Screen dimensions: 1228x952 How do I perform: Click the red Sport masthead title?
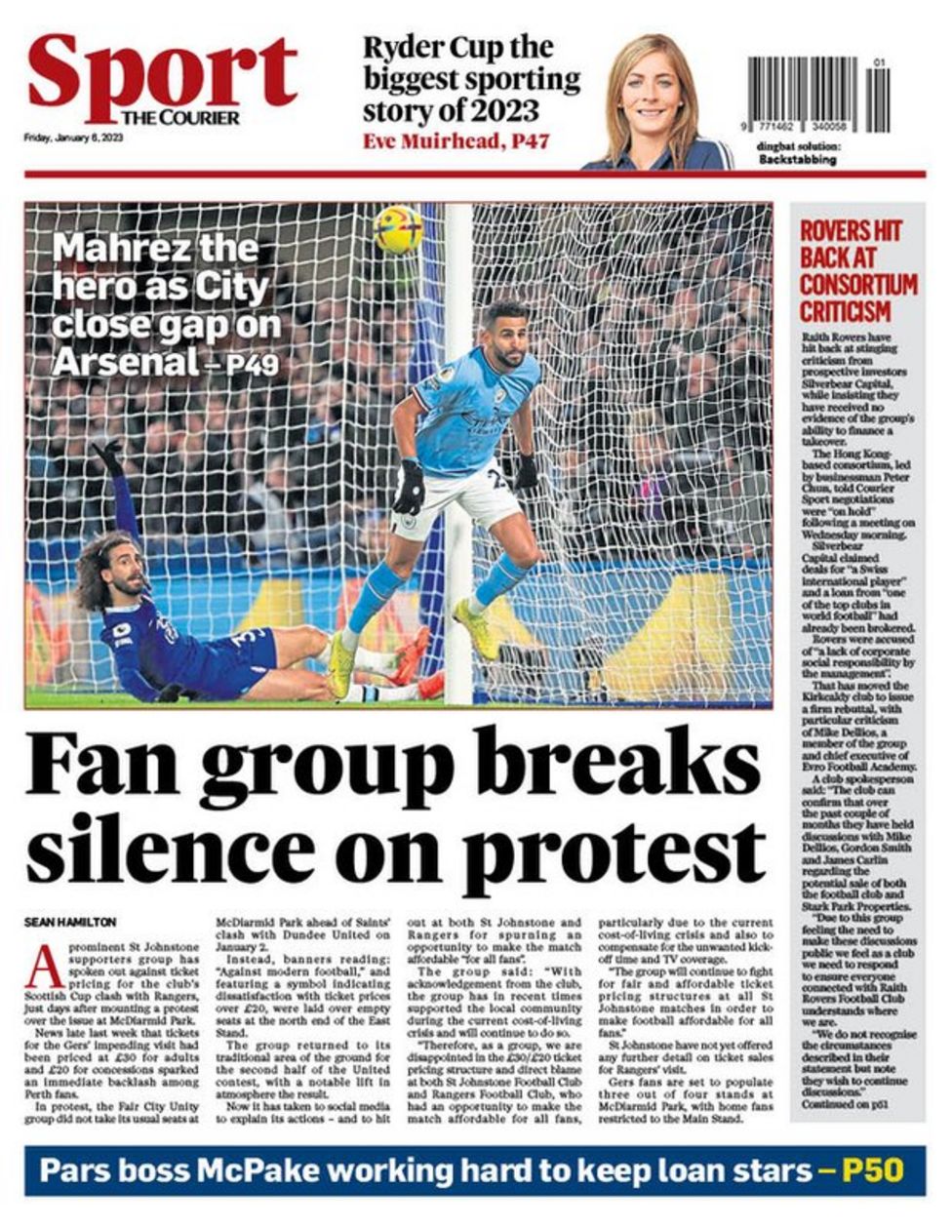click(162, 73)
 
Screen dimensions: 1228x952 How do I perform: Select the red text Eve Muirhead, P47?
click(456, 141)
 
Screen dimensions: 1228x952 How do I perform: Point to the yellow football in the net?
click(399, 230)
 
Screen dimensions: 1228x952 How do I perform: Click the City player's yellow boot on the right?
click(476, 628)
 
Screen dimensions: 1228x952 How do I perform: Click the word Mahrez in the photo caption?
click(113, 248)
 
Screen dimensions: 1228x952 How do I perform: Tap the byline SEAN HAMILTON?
click(70, 922)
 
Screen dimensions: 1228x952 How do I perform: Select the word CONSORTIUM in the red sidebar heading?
click(858, 285)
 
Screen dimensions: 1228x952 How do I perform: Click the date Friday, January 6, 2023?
click(74, 138)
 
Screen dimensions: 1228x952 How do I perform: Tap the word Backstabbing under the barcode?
click(798, 159)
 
